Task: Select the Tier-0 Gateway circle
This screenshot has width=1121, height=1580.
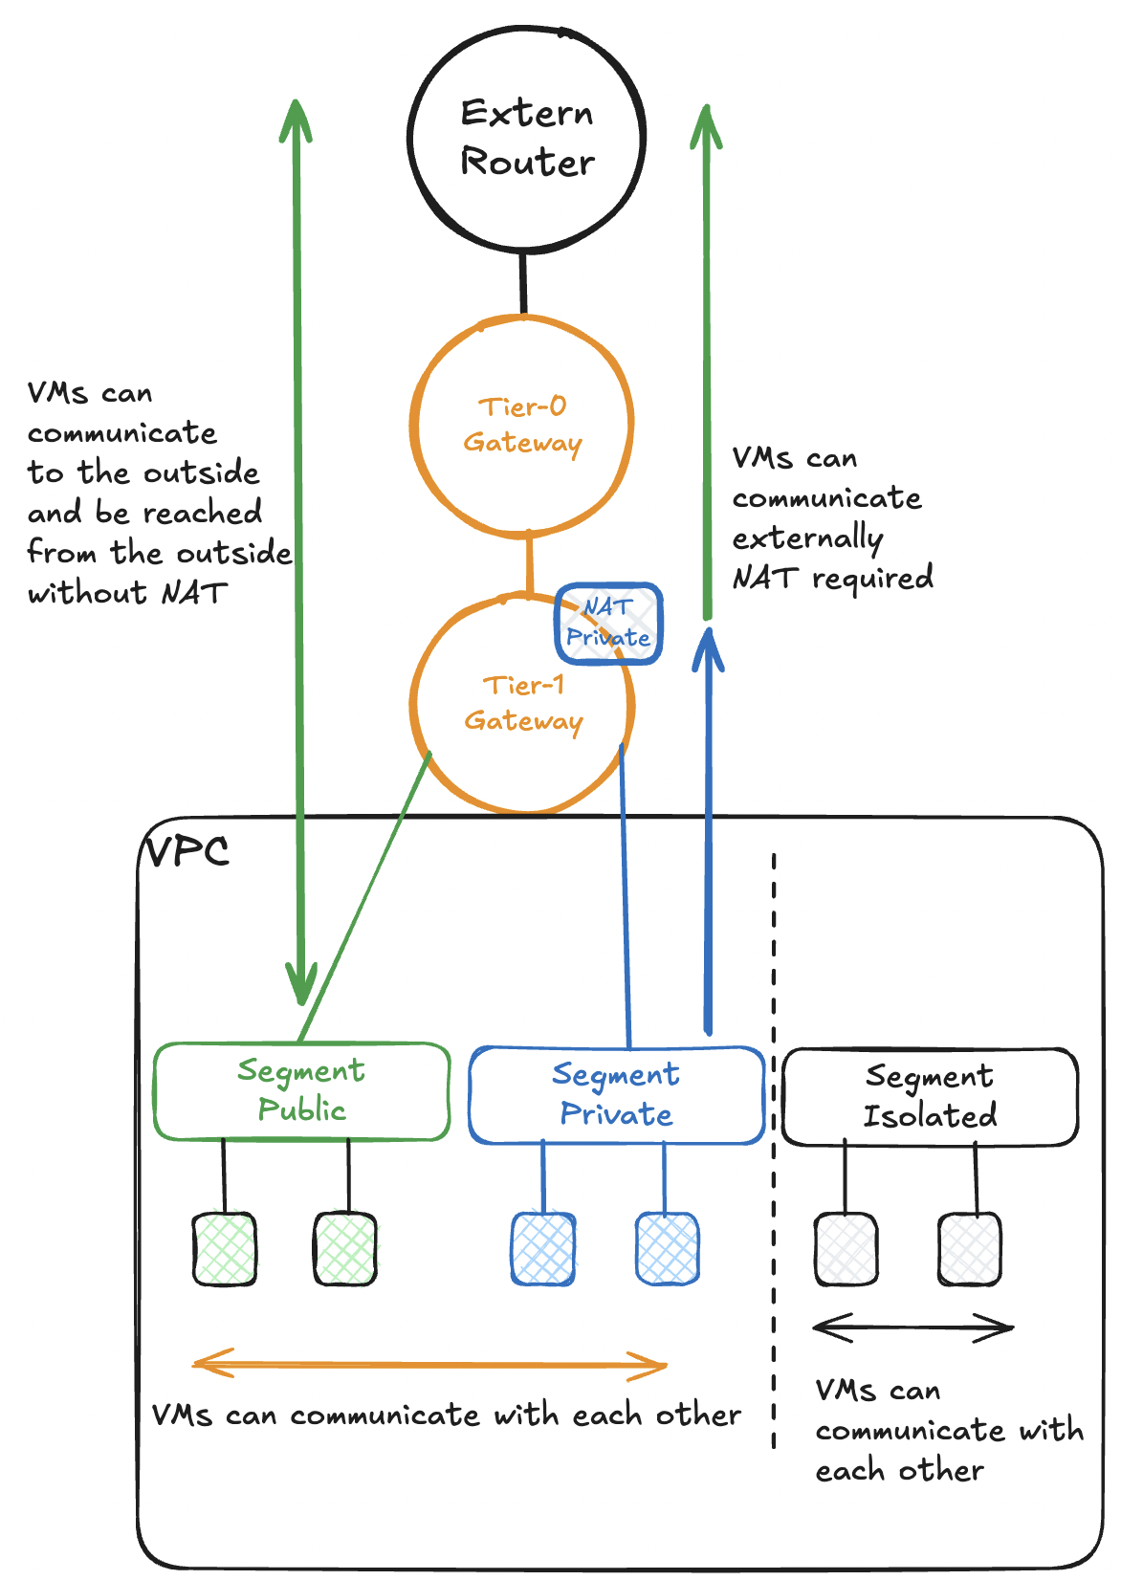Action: coord(522,425)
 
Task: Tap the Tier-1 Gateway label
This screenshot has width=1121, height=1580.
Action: coord(523,703)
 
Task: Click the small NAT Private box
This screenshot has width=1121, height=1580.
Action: coord(609,623)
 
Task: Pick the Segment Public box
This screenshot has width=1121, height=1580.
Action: coord(301,1091)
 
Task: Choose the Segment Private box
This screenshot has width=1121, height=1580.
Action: coord(616,1095)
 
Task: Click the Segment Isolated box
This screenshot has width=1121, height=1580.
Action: coord(930,1097)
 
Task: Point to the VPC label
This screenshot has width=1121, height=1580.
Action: coord(187,850)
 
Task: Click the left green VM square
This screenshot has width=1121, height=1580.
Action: coord(225,1248)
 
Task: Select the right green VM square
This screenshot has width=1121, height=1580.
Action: coord(345,1248)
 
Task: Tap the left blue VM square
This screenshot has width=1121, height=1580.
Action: coord(543,1248)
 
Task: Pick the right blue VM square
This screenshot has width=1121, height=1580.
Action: coord(668,1248)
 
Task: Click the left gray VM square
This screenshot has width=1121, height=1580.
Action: coord(846,1248)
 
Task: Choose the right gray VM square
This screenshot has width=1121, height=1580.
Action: coord(970,1248)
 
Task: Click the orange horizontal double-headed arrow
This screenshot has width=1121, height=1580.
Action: coord(430,1365)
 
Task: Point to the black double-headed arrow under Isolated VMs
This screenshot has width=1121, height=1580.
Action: coord(913,1328)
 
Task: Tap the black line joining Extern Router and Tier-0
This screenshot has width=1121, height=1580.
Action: coord(523,283)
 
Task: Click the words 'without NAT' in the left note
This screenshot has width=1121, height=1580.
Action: coord(127,593)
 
